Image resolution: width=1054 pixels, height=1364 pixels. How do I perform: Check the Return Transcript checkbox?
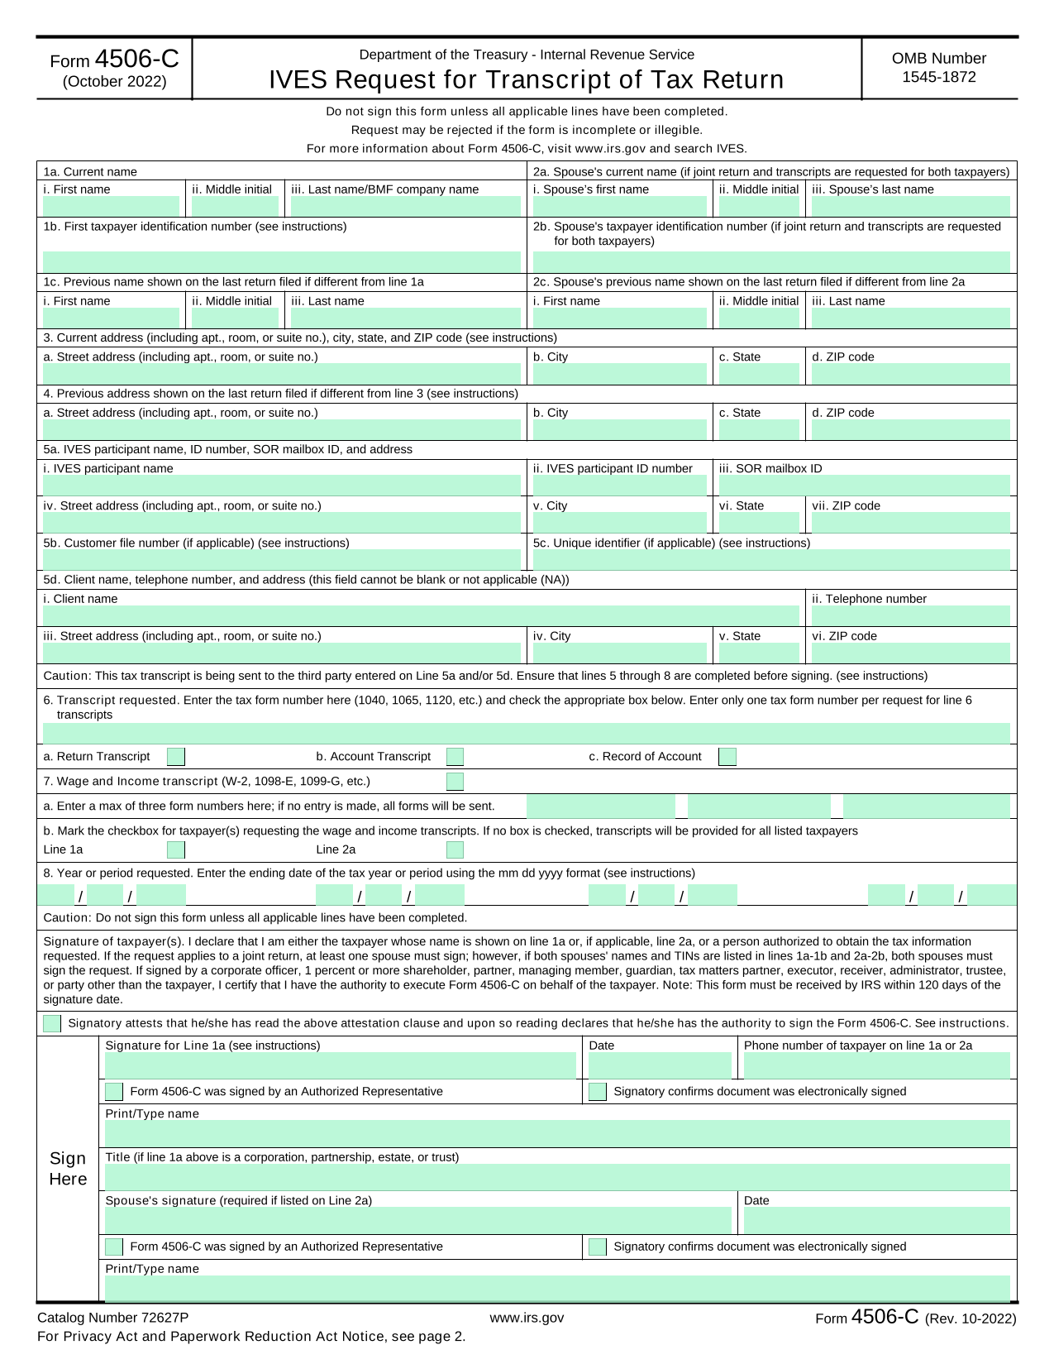click(176, 757)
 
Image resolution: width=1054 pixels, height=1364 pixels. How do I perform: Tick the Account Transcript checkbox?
click(455, 757)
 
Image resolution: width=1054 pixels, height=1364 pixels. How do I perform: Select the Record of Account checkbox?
click(727, 757)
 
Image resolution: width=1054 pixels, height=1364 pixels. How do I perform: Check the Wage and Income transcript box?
click(455, 782)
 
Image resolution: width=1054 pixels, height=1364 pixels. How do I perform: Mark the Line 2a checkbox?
click(455, 850)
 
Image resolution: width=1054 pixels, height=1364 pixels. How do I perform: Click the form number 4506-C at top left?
click(136, 60)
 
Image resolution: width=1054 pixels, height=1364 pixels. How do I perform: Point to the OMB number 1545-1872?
click(938, 77)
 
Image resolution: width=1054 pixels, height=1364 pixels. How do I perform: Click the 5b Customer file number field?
click(281, 560)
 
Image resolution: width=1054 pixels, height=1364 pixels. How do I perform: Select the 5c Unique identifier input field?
click(770, 560)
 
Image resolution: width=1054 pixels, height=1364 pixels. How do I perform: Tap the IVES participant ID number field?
click(620, 486)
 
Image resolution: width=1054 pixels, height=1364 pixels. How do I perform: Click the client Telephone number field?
click(909, 615)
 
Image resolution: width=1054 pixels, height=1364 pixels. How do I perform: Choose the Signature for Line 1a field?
click(340, 1065)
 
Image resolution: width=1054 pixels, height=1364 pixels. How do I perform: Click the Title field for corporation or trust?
click(557, 1176)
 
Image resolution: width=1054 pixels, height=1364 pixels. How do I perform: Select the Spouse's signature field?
click(417, 1220)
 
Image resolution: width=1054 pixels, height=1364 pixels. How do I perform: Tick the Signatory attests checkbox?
click(52, 1023)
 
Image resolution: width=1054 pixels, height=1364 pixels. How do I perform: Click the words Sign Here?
click(68, 1168)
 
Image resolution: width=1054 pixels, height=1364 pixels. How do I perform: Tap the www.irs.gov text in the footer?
click(527, 1318)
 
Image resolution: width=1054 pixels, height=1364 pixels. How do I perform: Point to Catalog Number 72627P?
click(113, 1318)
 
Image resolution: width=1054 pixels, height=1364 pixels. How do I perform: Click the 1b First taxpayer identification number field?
click(281, 261)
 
